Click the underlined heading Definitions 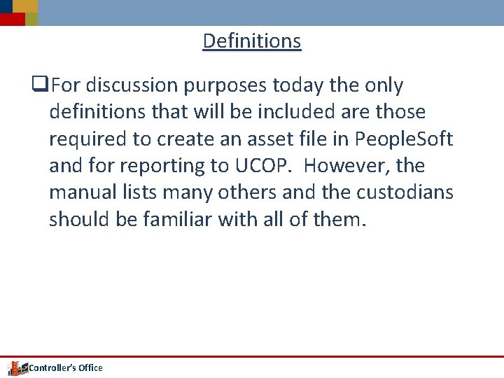(x=252, y=41)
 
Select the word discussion (x=132, y=86)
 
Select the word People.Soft (x=404, y=139)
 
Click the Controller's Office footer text (x=65, y=368)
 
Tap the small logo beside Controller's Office (x=15, y=367)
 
